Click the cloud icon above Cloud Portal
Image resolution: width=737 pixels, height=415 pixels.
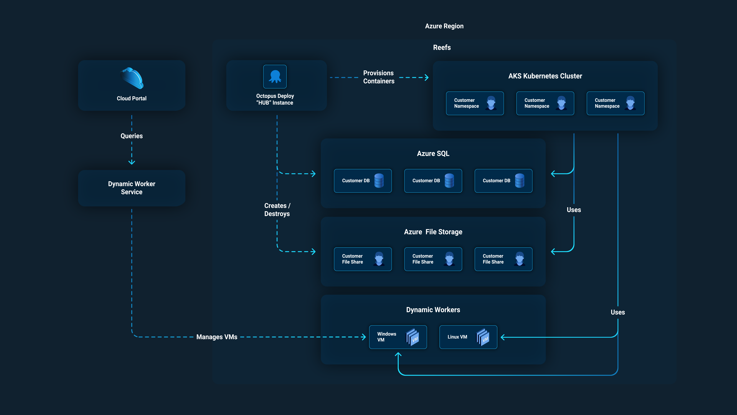132,78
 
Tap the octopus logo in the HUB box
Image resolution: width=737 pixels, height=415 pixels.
275,76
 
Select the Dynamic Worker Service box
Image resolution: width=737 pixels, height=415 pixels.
132,188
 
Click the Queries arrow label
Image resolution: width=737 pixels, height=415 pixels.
132,136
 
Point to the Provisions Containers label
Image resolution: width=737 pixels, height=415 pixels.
379,77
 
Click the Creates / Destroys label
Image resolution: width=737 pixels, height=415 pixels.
277,210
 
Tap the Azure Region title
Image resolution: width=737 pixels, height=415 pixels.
444,26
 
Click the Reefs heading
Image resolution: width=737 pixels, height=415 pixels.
442,48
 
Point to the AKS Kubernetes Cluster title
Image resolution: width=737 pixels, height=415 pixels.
545,76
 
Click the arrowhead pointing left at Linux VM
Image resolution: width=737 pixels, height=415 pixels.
503,337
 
